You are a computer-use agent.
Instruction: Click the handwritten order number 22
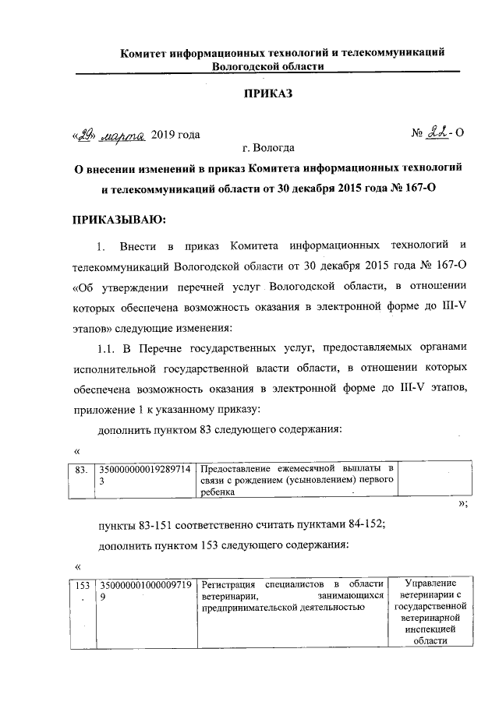pos(439,134)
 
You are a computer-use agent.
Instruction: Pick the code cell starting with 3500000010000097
pos(143,590)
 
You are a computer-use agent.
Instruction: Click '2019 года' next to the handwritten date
pos(175,134)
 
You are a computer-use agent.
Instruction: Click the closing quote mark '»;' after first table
pos(462,504)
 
